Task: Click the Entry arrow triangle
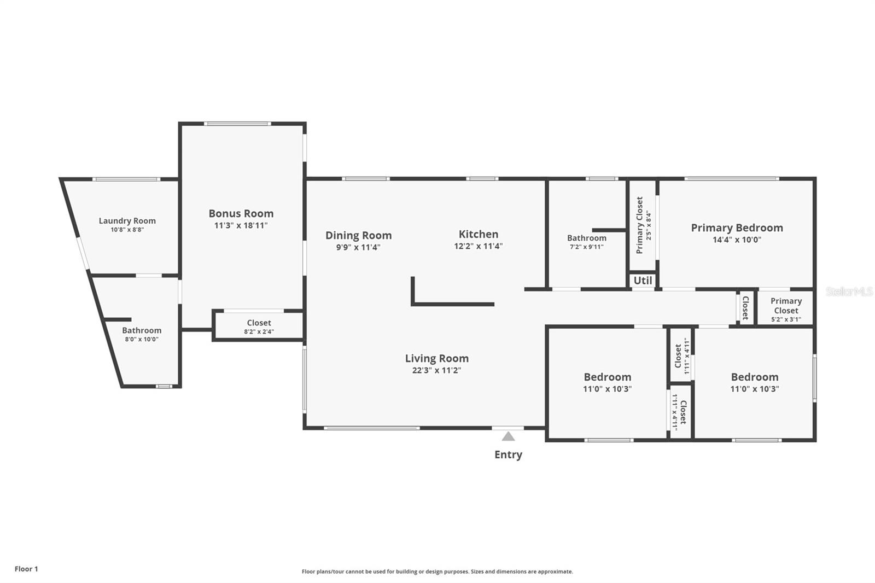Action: (509, 436)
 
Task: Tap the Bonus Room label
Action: (241, 213)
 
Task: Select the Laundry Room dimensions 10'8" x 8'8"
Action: (127, 230)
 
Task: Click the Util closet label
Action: (643, 281)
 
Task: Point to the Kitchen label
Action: (478, 234)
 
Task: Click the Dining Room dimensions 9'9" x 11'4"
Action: (358, 247)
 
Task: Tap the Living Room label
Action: (436, 358)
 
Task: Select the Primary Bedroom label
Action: (737, 228)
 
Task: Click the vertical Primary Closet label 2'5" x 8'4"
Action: (643, 225)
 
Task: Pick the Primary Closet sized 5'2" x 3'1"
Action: (786, 310)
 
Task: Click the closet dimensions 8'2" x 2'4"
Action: (259, 331)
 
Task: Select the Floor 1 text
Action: (26, 569)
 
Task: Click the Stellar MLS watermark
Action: (849, 291)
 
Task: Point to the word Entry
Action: (508, 454)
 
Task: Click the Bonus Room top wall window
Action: (237, 124)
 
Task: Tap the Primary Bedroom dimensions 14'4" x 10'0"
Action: (737, 240)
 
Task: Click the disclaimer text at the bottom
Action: (437, 572)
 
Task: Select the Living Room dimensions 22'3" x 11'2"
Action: (436, 370)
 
